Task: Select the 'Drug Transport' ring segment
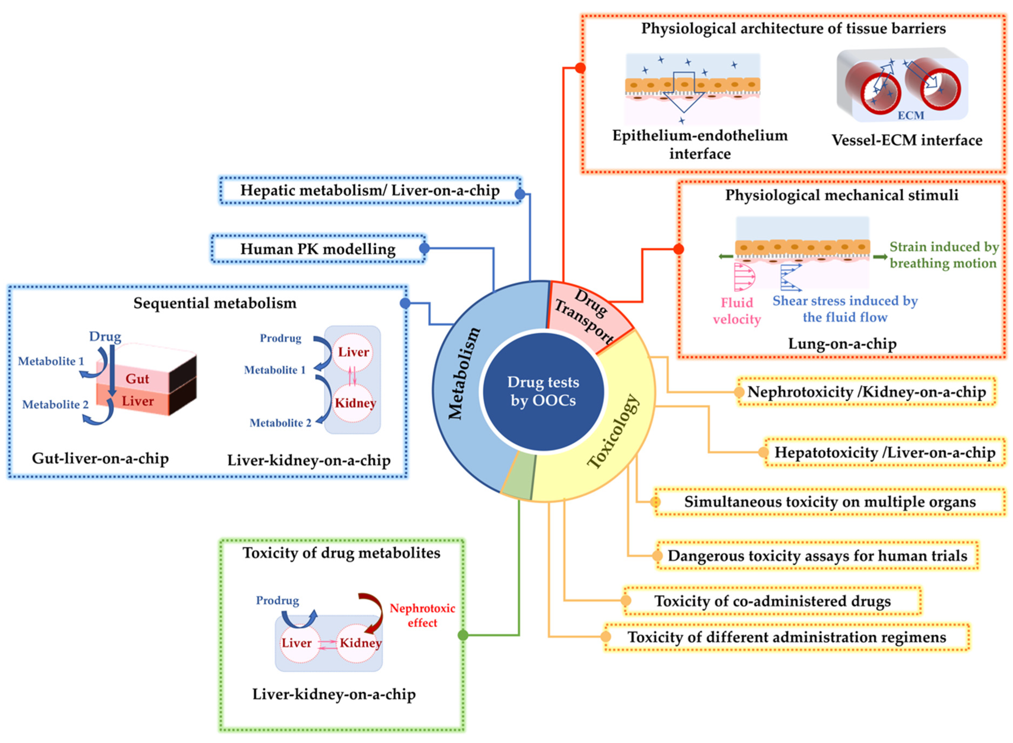[584, 315]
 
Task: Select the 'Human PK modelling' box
[318, 249]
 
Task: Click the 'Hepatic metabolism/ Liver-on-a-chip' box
[370, 190]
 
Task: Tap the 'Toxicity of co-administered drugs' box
[772, 601]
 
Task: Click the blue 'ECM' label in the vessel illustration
[911, 116]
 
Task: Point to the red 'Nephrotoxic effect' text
[422, 615]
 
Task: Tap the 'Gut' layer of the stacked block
[137, 379]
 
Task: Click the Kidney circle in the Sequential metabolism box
[355, 403]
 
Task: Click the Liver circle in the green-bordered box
[297, 643]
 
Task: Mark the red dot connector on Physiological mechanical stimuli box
[678, 249]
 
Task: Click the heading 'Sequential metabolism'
[215, 303]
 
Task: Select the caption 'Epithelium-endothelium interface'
[700, 144]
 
